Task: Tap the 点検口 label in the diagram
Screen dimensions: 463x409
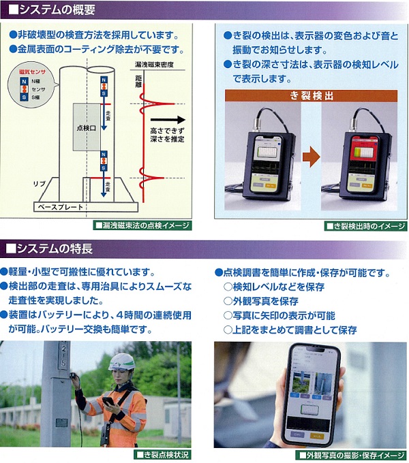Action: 87,127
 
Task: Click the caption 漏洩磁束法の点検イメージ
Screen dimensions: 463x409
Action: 146,225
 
